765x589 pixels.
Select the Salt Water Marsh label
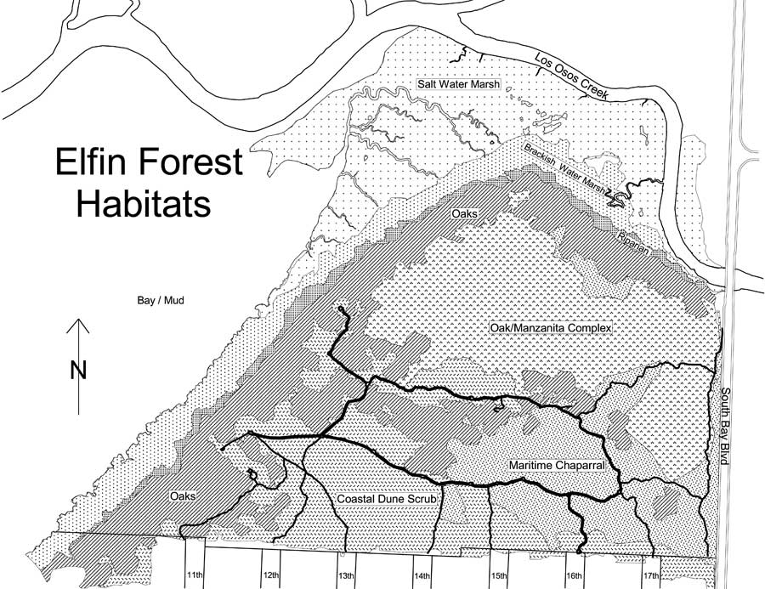(457, 82)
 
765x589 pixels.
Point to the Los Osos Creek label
(572, 76)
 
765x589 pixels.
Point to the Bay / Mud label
(161, 301)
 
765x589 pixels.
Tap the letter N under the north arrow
(78, 369)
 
